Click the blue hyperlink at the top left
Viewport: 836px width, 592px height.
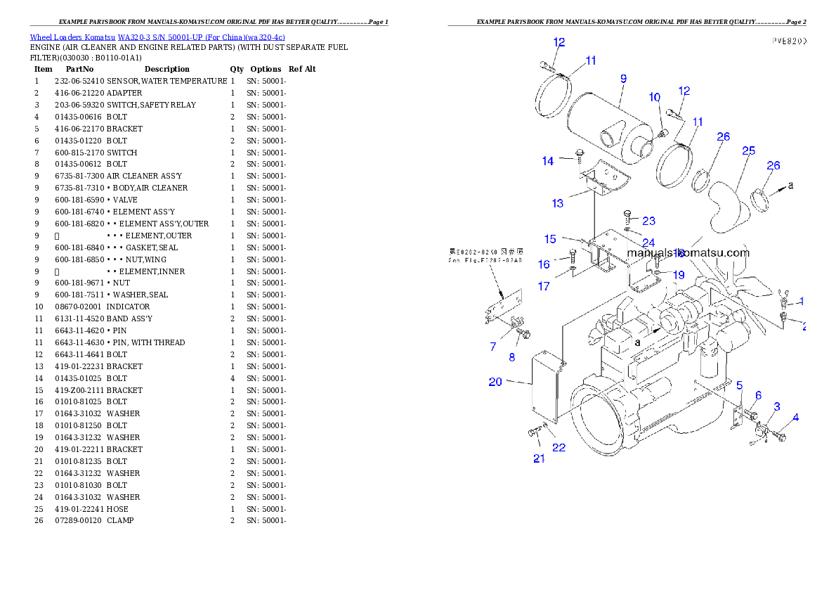click(x=157, y=37)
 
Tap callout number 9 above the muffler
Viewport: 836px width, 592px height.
click(x=623, y=79)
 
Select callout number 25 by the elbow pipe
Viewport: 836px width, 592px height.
click(x=748, y=150)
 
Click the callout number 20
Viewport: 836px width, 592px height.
click(x=495, y=382)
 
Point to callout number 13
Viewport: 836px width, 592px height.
click(x=557, y=203)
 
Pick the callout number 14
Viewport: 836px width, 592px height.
click(x=548, y=161)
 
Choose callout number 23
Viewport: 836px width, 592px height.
click(x=648, y=221)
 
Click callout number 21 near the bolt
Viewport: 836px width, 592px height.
click(x=539, y=458)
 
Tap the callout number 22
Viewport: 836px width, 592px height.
click(x=559, y=447)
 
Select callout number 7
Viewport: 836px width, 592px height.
click(x=493, y=347)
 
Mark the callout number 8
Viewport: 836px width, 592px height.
click(x=511, y=357)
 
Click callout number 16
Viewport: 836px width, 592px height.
click(x=544, y=264)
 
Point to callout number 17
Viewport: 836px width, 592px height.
click(x=544, y=286)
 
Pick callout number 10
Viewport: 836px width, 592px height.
click(x=654, y=97)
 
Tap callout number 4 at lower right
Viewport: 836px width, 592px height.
click(x=795, y=418)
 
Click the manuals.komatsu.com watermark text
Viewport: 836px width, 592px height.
click(x=688, y=253)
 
